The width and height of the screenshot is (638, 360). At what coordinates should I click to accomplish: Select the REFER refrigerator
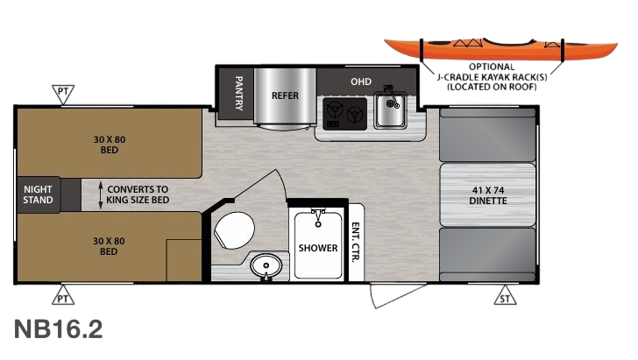pos(281,95)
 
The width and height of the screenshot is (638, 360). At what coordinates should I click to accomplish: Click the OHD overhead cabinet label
pos(361,82)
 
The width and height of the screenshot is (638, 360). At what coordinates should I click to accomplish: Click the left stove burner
pos(333,112)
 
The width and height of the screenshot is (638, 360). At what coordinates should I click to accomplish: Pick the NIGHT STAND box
pos(39,194)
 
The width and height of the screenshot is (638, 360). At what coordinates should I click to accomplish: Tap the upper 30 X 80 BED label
pos(109,144)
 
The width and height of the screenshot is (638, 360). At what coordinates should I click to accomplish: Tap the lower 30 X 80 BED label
pos(109,246)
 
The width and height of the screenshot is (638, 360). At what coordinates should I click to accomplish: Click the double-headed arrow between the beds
pos(101,194)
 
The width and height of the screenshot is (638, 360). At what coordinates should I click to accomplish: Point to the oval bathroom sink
pos(263,265)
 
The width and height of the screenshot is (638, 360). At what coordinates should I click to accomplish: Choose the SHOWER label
pos(317,248)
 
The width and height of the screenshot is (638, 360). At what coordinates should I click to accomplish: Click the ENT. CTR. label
pos(356,242)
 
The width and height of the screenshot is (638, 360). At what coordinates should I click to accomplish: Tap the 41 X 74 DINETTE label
pos(488,194)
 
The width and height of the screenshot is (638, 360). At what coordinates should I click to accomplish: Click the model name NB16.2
pos(59,329)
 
